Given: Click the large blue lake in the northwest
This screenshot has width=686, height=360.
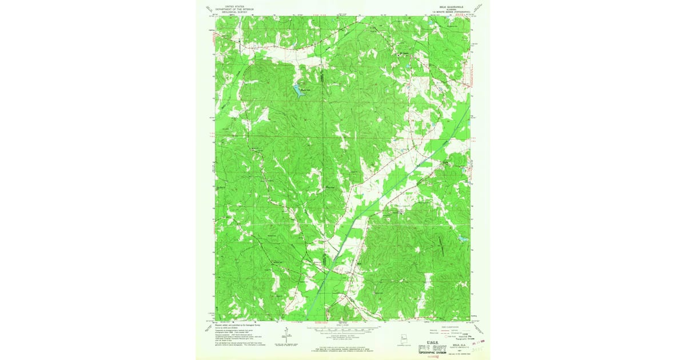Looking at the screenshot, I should (298, 90).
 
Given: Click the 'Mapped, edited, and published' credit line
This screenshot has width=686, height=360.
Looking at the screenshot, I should (237, 323).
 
